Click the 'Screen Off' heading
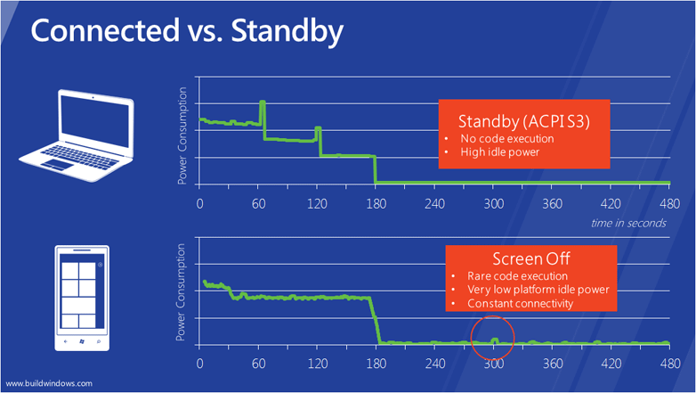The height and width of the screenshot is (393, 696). (521, 259)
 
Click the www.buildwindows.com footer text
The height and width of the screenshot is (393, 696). (48, 383)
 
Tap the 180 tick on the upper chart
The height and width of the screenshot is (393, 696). (375, 202)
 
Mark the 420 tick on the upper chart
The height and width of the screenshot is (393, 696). (610, 202)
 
